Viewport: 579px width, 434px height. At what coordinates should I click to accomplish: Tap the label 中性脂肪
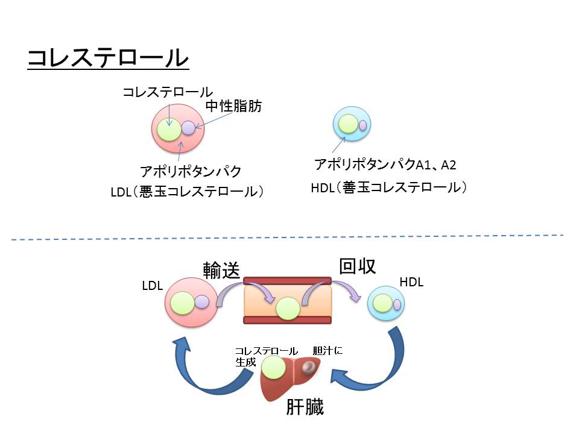234,107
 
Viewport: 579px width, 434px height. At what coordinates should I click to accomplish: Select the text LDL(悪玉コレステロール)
188,192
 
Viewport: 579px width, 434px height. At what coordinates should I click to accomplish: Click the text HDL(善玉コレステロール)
389,187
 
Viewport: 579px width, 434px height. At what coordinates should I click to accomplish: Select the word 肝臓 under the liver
305,407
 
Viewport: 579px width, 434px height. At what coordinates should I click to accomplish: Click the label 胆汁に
327,350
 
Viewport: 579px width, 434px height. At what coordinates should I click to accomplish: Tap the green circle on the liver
273,367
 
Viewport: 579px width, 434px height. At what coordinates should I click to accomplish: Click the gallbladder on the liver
309,366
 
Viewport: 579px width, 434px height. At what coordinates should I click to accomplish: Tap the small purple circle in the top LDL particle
189,128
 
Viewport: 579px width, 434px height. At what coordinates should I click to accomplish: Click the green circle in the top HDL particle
348,125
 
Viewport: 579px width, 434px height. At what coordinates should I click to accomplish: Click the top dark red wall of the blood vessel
287,280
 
